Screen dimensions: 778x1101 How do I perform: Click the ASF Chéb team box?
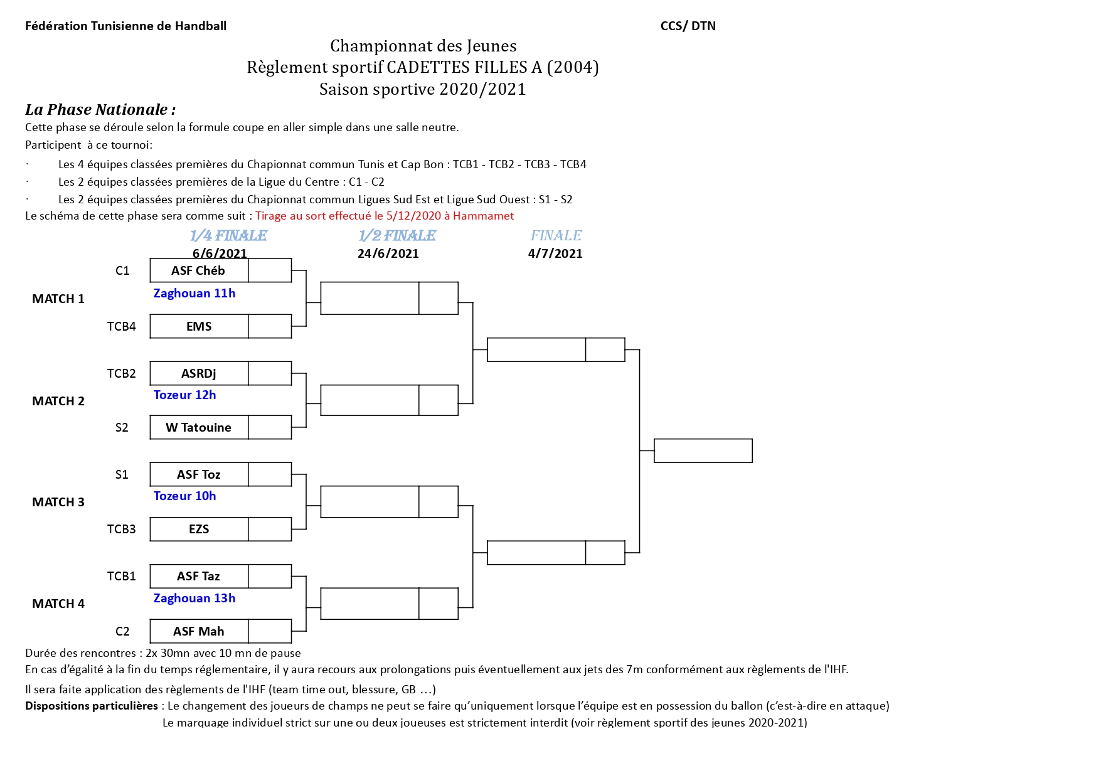pos(199,270)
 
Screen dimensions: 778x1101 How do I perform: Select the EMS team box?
pos(199,326)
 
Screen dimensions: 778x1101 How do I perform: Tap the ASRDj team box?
pos(199,373)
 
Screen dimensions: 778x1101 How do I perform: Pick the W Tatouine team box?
pos(199,427)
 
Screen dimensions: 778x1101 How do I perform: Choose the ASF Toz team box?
pos(199,474)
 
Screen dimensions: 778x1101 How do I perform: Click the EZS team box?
pos(199,529)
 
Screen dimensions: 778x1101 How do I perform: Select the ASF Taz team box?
pos(199,576)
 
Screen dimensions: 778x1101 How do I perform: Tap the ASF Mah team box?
pos(199,631)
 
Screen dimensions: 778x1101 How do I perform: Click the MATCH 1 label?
pos(58,299)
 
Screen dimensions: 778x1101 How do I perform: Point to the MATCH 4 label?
pos(58,604)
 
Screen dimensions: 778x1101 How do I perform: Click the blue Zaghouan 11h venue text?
pos(194,293)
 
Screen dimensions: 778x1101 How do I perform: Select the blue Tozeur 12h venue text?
pos(185,395)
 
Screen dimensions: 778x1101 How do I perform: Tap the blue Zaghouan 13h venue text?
pos(194,598)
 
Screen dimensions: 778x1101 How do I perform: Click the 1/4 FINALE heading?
pos(228,235)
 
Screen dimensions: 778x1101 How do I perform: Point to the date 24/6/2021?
pos(388,253)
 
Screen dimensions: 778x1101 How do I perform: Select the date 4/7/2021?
pos(555,253)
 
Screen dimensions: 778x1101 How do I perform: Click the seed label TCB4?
pos(122,326)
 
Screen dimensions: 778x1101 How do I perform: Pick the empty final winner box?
pos(703,450)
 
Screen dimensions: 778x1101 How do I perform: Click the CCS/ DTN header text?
pos(688,26)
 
